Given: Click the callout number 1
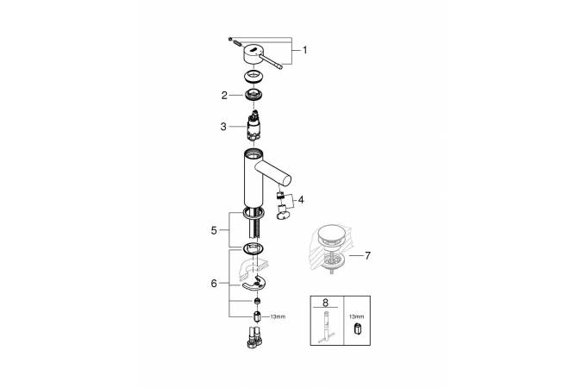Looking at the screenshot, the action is (x=304, y=50).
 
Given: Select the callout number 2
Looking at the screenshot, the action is (x=224, y=96).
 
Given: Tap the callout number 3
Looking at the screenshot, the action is (x=223, y=127).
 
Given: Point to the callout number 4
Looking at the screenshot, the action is (x=301, y=200).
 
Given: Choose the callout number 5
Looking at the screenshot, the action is (x=214, y=230).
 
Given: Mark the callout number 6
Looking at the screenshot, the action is (x=214, y=284).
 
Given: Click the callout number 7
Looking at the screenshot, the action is (x=367, y=255).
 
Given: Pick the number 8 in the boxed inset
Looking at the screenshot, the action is (x=326, y=303).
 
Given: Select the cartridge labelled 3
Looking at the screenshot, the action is (x=253, y=126).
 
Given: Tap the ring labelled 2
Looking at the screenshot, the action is (x=253, y=95).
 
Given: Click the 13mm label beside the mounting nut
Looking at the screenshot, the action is (x=278, y=317).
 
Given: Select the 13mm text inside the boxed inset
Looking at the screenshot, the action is (x=357, y=316).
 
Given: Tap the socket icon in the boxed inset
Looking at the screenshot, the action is (x=358, y=329).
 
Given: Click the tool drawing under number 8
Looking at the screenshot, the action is (x=326, y=328).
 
